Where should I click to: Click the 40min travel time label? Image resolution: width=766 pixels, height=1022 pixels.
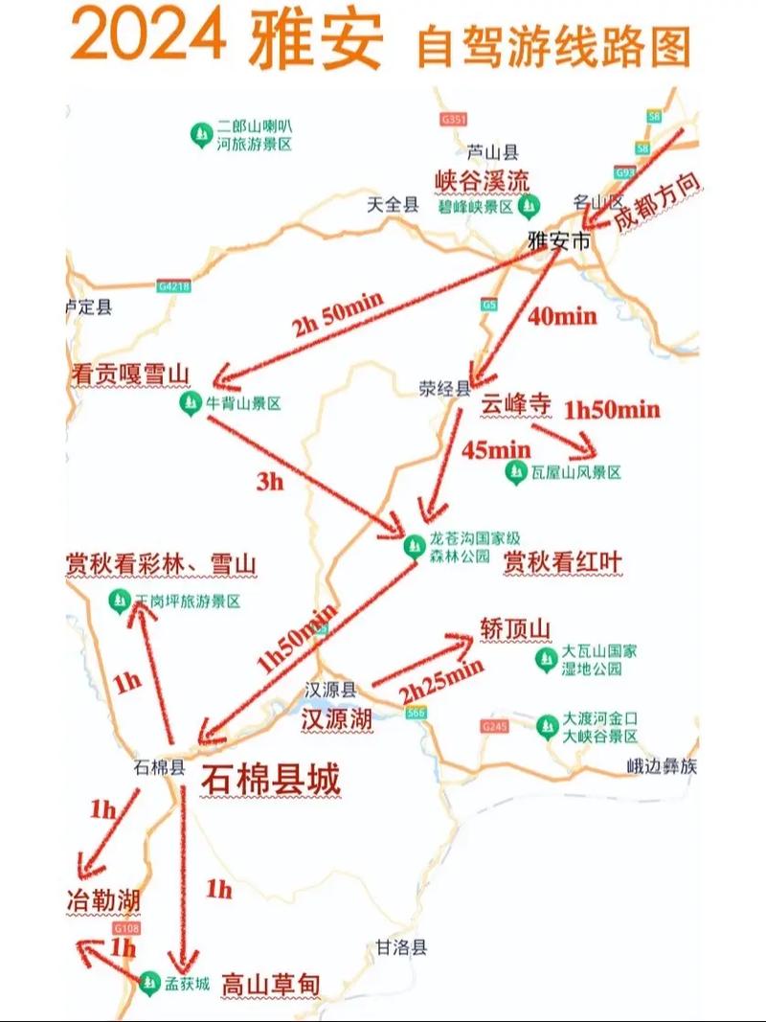tap(562, 316)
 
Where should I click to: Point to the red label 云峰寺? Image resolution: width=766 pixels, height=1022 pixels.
tap(517, 405)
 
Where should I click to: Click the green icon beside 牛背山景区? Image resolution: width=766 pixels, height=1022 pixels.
tap(189, 404)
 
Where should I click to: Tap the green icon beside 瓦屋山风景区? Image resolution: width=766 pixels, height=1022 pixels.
tap(516, 471)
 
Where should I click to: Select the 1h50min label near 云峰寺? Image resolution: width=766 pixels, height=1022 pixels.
tap(612, 410)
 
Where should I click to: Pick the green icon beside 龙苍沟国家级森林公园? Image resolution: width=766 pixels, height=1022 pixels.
tap(414, 546)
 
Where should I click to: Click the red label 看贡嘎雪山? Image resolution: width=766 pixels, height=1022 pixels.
tap(131, 375)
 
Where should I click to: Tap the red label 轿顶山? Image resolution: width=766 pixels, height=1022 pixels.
tap(516, 628)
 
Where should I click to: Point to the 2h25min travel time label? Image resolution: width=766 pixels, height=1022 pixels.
tap(441, 680)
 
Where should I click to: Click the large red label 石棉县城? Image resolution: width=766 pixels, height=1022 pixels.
tap(270, 781)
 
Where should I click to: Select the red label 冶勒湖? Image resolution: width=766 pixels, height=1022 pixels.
tap(103, 900)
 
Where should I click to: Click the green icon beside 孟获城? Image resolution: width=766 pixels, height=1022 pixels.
tap(148, 982)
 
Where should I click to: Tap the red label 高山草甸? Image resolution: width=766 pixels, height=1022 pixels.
tap(270, 984)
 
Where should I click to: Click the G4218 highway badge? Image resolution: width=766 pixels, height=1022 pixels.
tap(175, 285)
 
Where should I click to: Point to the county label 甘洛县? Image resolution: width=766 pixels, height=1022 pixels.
tap(401, 946)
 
